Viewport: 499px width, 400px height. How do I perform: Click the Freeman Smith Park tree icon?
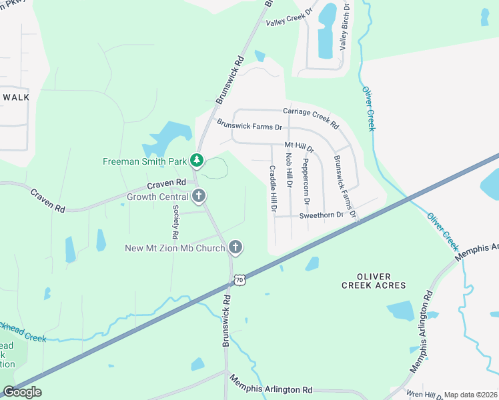tap(196, 160)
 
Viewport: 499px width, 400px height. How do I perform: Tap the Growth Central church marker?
tap(198, 196)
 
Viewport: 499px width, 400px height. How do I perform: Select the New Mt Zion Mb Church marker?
tap(235, 248)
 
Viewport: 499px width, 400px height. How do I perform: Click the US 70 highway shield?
tap(239, 280)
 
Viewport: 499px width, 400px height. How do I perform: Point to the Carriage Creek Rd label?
tap(311, 118)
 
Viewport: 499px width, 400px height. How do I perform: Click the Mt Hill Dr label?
tap(299, 146)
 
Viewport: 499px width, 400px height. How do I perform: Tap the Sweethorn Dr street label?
tap(321, 215)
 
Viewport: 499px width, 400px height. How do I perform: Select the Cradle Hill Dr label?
tap(273, 189)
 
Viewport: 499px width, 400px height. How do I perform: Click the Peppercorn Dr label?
tap(306, 181)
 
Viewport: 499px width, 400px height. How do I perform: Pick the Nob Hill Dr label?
tap(289, 170)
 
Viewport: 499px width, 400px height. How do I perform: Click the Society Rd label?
tap(175, 222)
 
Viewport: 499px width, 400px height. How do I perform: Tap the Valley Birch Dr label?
tap(344, 26)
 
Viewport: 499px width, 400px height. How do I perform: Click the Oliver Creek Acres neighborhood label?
tap(373, 281)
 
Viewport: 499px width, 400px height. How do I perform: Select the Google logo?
tap(22, 392)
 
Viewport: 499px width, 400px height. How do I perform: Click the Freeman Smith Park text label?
tap(145, 161)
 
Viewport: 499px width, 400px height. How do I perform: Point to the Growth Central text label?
tap(157, 197)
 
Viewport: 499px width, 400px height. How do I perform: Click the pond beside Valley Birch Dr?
tap(327, 31)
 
